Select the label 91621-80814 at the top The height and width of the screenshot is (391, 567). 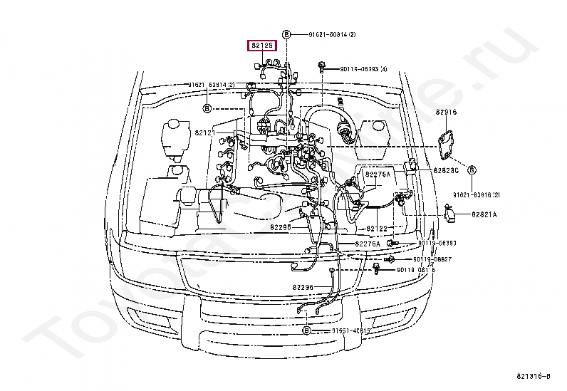click(x=332, y=35)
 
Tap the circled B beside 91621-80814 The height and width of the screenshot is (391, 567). click(x=286, y=35)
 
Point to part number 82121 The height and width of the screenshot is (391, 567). click(x=205, y=132)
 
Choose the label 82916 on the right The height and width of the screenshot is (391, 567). click(x=446, y=113)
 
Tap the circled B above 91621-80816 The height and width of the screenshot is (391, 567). click(x=472, y=170)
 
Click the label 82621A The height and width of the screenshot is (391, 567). click(x=484, y=214)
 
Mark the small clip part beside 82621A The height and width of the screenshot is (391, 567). click(x=450, y=212)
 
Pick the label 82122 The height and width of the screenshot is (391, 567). click(x=377, y=228)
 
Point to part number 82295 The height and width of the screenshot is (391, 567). click(x=281, y=228)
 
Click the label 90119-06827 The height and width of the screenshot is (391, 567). click(x=433, y=259)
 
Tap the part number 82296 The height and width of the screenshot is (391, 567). click(x=302, y=287)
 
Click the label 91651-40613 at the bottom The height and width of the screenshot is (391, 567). click(x=350, y=331)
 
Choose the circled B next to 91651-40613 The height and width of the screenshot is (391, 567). click(x=306, y=331)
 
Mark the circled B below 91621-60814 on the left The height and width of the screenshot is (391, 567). click(x=207, y=108)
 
